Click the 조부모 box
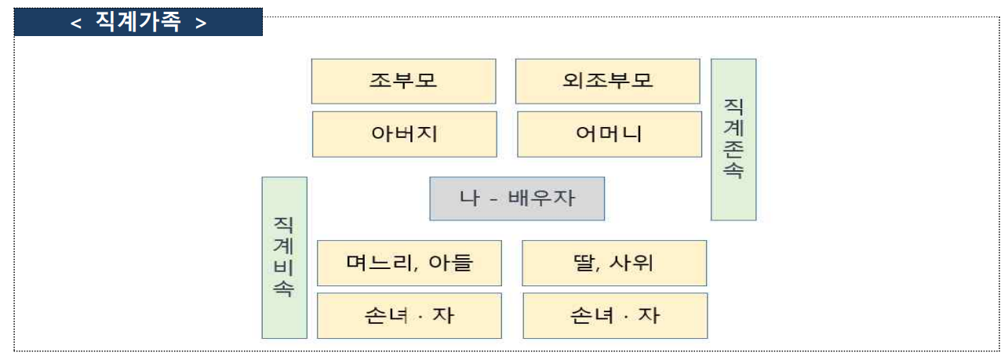coord(403,81)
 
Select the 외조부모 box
coord(607,81)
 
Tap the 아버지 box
coord(404,134)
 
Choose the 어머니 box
coord(609,134)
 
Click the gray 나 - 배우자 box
coord(517,198)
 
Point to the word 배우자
coord(542,198)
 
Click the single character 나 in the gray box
coord(469,198)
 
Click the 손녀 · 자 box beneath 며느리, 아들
coord(409,316)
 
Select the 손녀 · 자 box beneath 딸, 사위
coord(615,316)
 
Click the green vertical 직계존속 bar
coord(733,139)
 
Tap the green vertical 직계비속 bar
coord(284,257)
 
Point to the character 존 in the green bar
coord(733,149)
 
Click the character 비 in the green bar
coord(284,267)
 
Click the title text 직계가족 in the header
coord(138,23)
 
